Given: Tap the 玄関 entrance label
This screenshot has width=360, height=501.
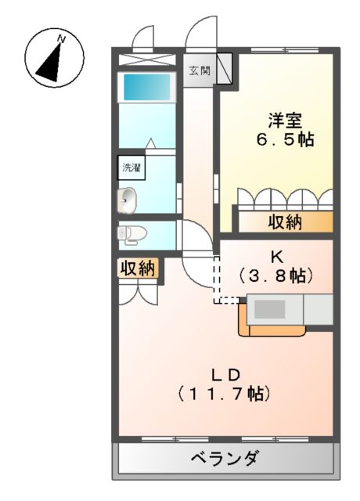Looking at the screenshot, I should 199,70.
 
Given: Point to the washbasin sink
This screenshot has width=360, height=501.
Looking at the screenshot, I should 127,200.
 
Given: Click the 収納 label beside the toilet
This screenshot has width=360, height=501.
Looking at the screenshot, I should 137,269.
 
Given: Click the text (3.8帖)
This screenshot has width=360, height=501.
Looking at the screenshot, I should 276,276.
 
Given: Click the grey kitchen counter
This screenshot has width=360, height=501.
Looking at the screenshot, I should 291,308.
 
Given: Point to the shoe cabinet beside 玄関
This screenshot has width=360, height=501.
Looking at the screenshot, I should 224,67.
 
